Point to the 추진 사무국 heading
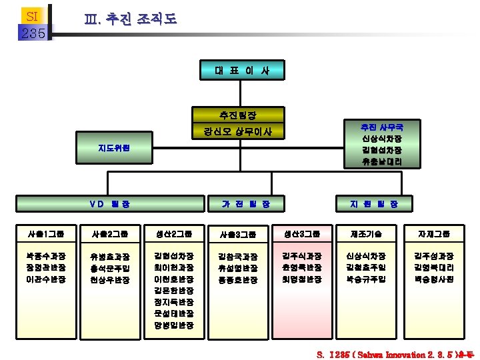point(381,126)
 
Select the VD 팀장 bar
point(110,203)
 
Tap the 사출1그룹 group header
point(46,234)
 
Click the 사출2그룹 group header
point(110,234)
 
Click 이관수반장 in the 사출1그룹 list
point(46,279)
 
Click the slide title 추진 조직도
point(131,19)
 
